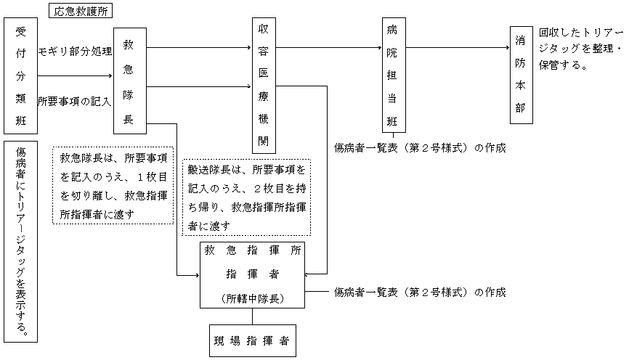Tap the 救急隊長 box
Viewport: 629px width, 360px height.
point(129,81)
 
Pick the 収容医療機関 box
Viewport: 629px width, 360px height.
point(264,86)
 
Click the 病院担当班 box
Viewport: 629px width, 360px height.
point(393,74)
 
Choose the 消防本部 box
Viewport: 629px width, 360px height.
point(520,75)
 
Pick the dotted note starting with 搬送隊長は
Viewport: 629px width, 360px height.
point(248,197)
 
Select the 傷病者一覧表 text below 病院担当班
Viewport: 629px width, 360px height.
point(419,147)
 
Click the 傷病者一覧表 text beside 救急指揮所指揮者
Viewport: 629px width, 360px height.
point(419,292)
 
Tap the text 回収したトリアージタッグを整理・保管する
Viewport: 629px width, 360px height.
point(580,49)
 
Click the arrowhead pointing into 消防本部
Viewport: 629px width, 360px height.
point(506,49)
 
